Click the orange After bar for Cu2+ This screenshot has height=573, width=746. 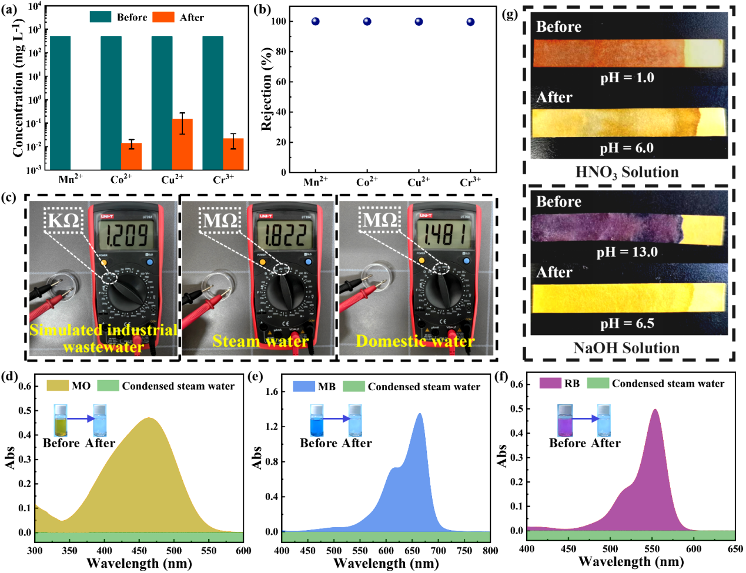click(x=182, y=144)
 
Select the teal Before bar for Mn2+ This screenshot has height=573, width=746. click(x=61, y=103)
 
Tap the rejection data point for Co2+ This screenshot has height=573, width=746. click(x=367, y=22)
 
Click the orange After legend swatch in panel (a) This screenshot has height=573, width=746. click(x=163, y=17)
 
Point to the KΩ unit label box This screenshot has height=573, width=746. click(x=63, y=220)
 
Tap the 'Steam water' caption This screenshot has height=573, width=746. click(x=260, y=341)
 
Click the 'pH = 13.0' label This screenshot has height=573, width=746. click(x=627, y=252)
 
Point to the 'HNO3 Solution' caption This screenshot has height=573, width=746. click(x=627, y=172)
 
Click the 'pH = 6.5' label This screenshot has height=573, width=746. click(x=627, y=323)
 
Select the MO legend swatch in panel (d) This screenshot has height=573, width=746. click(x=58, y=386)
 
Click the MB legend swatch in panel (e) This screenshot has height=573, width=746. click(x=304, y=386)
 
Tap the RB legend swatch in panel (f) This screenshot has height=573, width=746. click(x=550, y=383)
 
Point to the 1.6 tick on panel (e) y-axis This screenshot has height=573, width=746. click(x=272, y=391)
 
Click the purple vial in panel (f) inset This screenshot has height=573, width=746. click(x=565, y=420)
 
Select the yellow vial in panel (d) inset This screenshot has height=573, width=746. click(x=61, y=420)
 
